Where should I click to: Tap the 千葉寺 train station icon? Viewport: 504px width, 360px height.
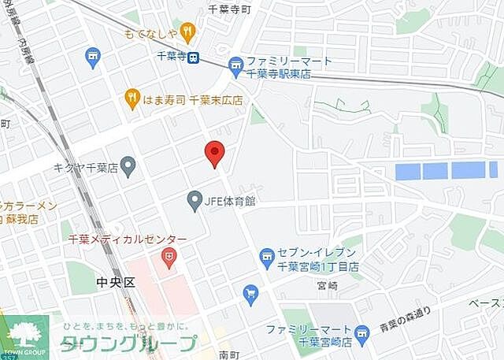(194, 57)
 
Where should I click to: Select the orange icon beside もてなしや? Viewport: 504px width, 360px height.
(187, 32)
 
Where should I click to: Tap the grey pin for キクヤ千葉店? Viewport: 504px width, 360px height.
(128, 167)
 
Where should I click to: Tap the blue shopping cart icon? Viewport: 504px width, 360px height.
(251, 295)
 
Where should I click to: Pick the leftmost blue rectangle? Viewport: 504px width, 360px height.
(406, 170)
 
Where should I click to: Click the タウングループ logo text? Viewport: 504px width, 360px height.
(130, 343)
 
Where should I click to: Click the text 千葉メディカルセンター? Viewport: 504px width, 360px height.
(127, 239)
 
